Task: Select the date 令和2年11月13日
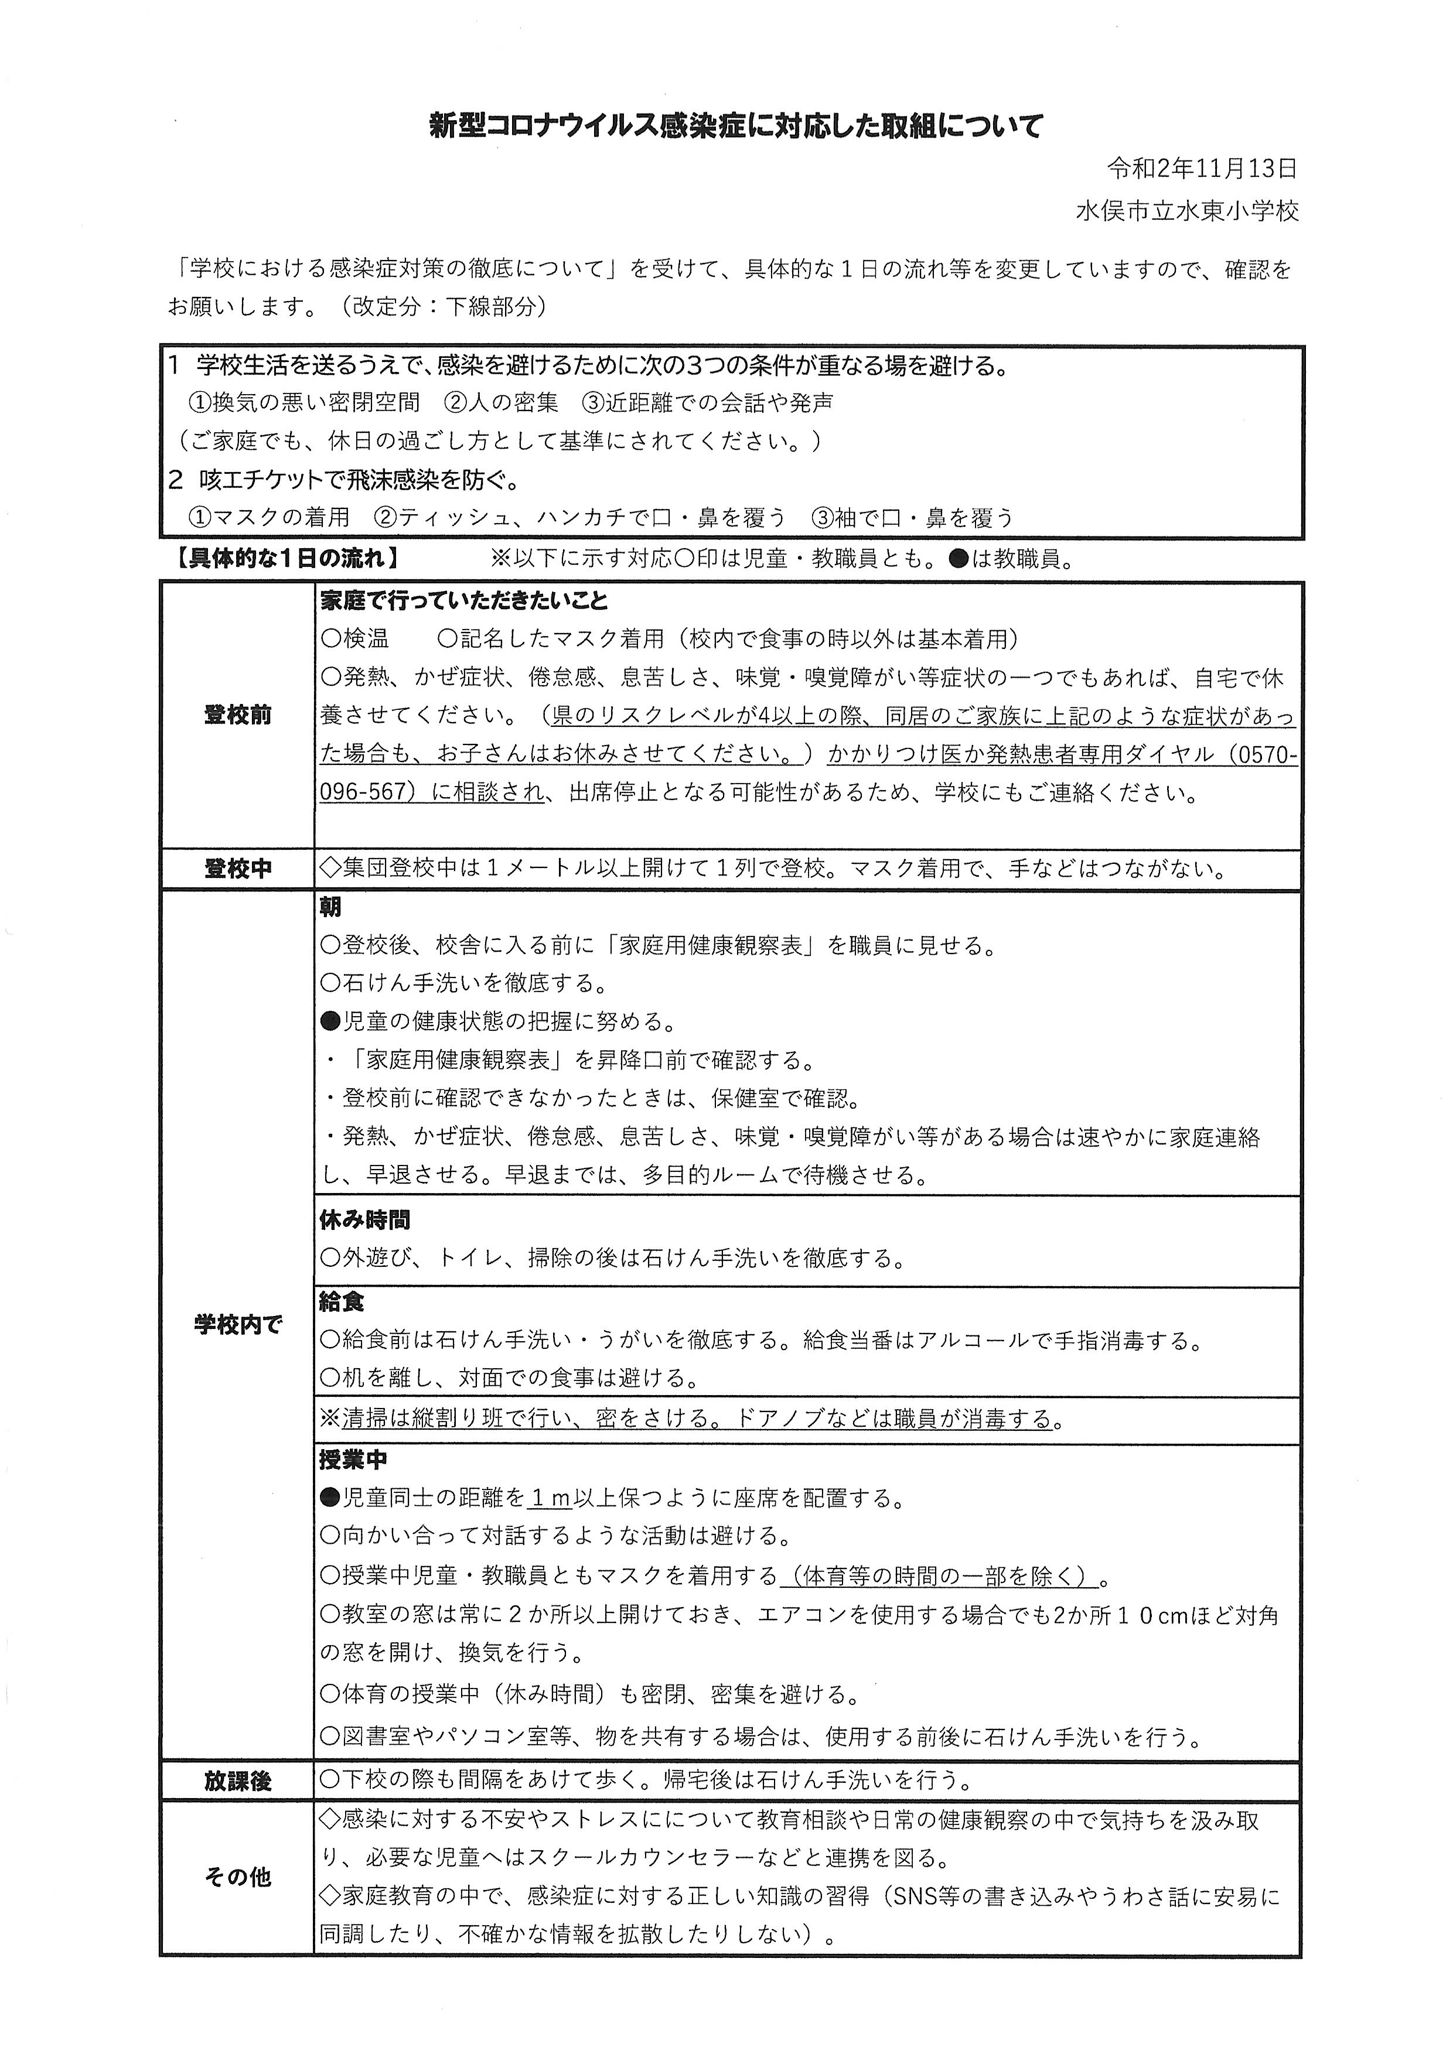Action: click(x=1202, y=168)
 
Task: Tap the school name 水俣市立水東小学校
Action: click(x=1187, y=211)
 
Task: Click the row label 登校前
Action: click(x=237, y=715)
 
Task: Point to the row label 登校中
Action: click(x=237, y=869)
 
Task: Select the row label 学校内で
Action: click(x=237, y=1325)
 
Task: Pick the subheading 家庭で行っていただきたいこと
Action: click(x=465, y=600)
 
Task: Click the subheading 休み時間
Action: click(x=364, y=1219)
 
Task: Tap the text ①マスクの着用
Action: click(x=268, y=517)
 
